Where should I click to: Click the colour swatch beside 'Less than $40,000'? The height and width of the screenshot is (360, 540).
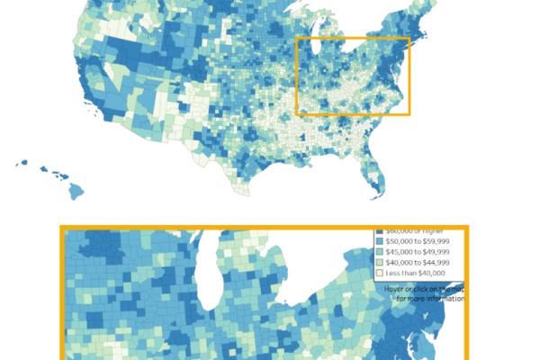[379, 272]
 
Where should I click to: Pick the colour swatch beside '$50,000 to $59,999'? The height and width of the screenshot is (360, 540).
[379, 241]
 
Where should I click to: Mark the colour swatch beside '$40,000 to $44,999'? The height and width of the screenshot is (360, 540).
[379, 262]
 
